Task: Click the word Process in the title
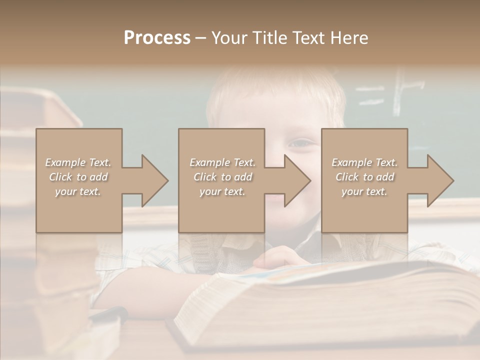coord(157,37)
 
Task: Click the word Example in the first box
coord(65,162)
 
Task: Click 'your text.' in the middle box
coord(222,191)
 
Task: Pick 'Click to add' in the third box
coord(364,177)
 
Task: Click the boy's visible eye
coord(300,143)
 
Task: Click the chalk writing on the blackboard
coord(400,92)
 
